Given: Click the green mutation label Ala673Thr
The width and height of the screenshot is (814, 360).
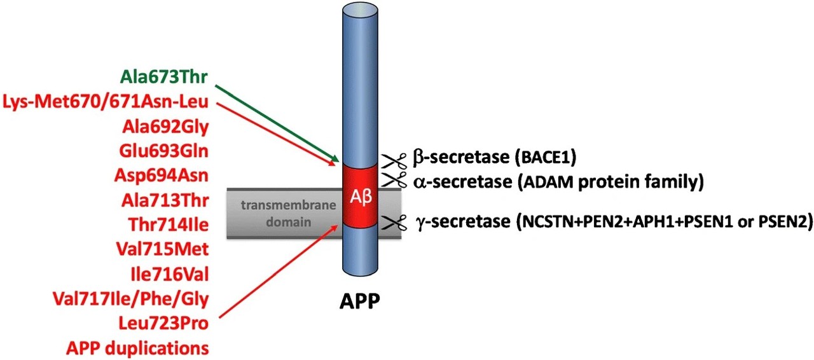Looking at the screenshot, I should [x=165, y=78].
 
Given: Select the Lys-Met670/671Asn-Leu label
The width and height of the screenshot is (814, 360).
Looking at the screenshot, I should [x=107, y=102].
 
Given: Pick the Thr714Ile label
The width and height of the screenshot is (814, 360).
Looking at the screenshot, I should [x=168, y=225].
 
